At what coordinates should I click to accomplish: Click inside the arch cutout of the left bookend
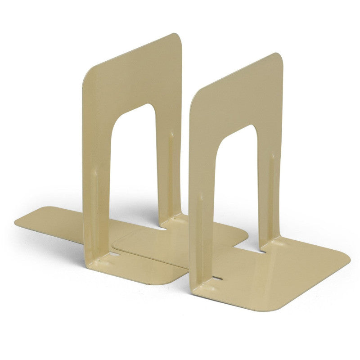(133, 166)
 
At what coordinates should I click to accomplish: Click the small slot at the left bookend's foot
(115, 254)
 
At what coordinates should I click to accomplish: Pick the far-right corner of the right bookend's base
(347, 259)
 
